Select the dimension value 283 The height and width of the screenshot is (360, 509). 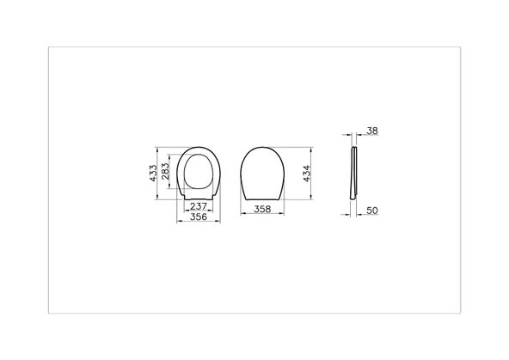point(166,174)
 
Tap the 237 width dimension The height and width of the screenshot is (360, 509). point(198,206)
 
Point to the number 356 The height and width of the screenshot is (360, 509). point(198,218)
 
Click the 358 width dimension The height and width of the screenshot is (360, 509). point(263,209)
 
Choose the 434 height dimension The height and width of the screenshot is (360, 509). point(305,175)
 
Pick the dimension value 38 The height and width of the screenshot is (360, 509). point(371,131)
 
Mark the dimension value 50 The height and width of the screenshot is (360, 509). point(372,209)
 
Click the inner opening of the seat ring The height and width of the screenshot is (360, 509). point(199,172)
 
